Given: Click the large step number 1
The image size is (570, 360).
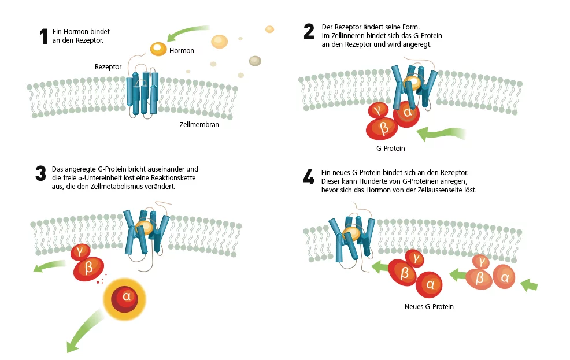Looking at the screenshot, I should [43, 37].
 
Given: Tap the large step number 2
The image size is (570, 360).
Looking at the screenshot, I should [309, 31].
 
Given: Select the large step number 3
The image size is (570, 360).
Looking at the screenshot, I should [40, 173].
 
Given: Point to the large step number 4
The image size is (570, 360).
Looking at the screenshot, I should [309, 177].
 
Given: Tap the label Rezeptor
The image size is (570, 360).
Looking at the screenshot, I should [108, 67].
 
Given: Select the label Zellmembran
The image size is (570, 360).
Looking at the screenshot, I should [199, 124].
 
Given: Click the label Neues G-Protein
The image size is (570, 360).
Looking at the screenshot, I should [429, 306].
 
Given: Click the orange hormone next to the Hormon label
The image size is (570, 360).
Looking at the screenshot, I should [158, 49].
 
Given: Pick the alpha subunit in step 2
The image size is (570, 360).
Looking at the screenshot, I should [407, 112].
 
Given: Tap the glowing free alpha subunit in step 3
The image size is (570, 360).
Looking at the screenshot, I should [127, 297].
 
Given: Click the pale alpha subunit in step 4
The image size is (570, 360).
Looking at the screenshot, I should [505, 279].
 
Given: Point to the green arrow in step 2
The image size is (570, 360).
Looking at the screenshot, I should [442, 133].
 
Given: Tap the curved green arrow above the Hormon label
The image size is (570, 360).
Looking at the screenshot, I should [187, 32].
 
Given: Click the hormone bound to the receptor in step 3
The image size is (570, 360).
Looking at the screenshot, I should [145, 228].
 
